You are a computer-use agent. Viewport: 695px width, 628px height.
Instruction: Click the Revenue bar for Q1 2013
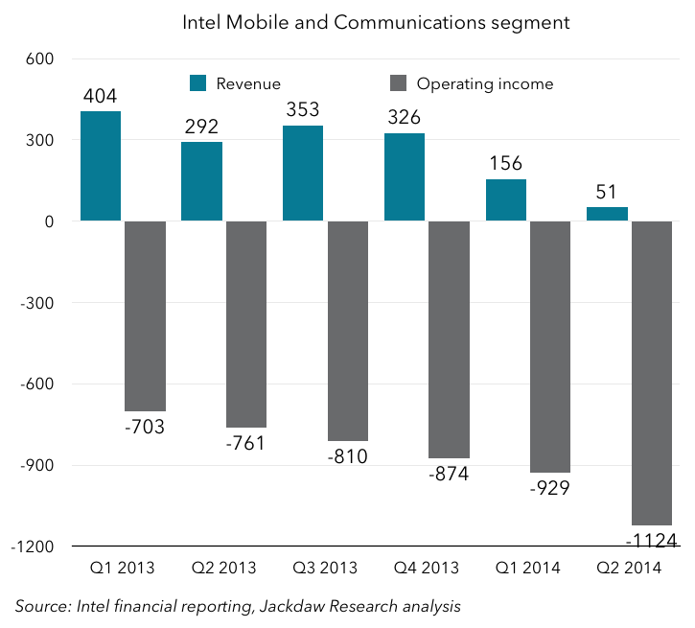pyautogui.click(x=101, y=166)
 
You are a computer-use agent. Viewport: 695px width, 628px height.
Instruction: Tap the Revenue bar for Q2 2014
pyautogui.click(x=607, y=214)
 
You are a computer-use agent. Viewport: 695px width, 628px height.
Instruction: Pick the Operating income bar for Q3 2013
pyautogui.click(x=348, y=331)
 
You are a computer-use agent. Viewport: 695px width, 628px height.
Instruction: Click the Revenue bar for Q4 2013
pyautogui.click(x=405, y=177)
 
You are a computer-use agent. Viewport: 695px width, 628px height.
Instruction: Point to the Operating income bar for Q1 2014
pyautogui.click(x=550, y=347)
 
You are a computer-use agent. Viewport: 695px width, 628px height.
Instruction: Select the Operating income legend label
pyautogui.click(x=484, y=83)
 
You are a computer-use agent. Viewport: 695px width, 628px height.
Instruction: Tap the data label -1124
pyautogui.click(x=651, y=542)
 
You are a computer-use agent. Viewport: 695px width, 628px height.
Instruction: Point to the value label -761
pyautogui.click(x=246, y=443)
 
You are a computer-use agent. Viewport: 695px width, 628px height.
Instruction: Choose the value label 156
pyautogui.click(x=506, y=163)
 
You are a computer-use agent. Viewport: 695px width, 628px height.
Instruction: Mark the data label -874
pyautogui.click(x=449, y=474)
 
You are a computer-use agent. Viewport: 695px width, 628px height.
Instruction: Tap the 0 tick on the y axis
pyautogui.click(x=48, y=221)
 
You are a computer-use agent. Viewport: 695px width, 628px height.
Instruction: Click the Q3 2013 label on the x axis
pyautogui.click(x=324, y=568)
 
